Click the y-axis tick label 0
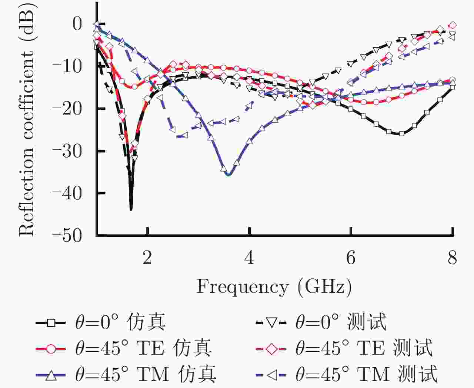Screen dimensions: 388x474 click(x=77, y=24)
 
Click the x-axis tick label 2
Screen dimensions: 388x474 click(x=147, y=258)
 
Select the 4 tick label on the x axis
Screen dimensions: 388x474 click(x=249, y=258)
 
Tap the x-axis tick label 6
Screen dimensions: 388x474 click(x=351, y=258)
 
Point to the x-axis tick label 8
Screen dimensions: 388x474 click(x=452, y=258)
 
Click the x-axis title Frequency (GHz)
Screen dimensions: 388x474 click(x=274, y=287)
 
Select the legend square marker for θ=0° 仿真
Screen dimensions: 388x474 click(x=51, y=323)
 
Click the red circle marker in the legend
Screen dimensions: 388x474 click(x=51, y=349)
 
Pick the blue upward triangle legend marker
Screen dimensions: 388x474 click(x=51, y=375)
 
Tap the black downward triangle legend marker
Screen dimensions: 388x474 click(x=271, y=323)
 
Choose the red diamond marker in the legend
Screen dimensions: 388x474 click(x=271, y=349)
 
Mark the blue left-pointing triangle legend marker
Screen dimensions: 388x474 click(x=271, y=375)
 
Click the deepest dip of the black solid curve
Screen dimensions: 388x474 click(x=131, y=209)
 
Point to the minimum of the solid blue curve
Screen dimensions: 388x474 click(x=228, y=175)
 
